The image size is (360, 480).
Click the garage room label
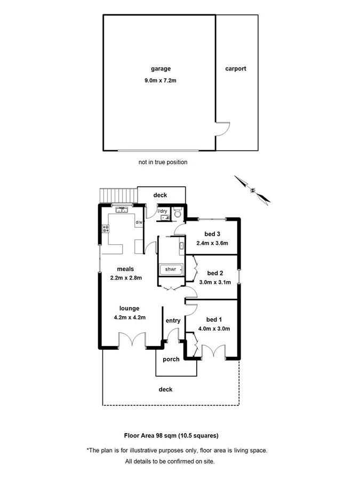pos(160,69)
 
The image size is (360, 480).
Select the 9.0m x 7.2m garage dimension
pos(160,81)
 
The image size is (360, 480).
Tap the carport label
pos(235,69)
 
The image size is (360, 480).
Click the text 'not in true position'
pos(163,162)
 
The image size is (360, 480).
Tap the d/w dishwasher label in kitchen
pos(138,222)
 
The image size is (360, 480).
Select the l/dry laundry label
pos(162,211)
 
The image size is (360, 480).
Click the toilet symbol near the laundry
pos(179,214)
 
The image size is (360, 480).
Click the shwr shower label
pos(171,269)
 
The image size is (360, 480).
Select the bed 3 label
pos(212,234)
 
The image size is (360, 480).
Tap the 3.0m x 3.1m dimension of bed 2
pos(214,282)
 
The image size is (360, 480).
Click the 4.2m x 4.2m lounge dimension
pos(130,317)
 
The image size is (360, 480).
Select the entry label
pos(173,321)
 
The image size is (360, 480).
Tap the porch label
pos(171,359)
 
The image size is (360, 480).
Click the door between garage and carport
pos(222,130)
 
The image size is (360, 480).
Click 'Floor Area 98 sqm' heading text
pos(171,435)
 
